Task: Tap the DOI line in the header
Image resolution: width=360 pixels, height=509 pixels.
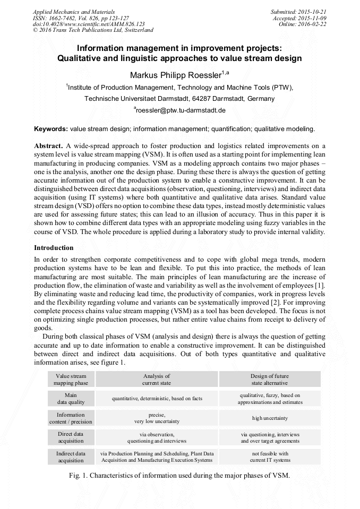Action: [x=89, y=24]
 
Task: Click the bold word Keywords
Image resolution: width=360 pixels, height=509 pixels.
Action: [x=50, y=129]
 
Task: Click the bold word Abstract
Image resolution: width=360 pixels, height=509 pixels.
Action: [x=48, y=145]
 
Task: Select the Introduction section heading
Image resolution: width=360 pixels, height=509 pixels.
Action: [x=54, y=248]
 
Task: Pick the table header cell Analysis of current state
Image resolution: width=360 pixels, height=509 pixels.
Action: [x=157, y=379]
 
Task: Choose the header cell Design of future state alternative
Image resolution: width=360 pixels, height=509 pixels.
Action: [x=270, y=379]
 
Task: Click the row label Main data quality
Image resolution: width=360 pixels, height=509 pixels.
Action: [x=71, y=399]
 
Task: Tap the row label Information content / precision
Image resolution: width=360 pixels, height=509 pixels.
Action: [x=71, y=418]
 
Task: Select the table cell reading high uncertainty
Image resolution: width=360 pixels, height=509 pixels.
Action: [x=270, y=418]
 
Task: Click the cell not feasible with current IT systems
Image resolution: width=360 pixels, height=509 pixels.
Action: [x=270, y=457]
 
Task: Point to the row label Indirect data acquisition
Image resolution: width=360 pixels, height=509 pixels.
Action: [x=71, y=457]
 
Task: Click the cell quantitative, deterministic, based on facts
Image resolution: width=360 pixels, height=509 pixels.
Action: [x=157, y=399]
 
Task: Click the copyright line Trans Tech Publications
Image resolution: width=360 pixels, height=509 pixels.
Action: [x=92, y=30]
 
